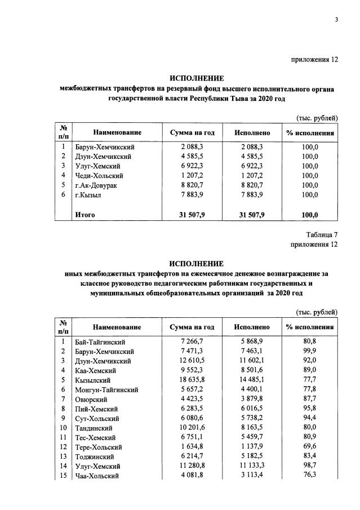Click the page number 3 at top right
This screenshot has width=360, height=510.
[336, 21]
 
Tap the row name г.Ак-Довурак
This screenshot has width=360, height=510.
[96, 185]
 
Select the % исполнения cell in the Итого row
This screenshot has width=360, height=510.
[309, 214]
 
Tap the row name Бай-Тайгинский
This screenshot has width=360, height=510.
[100, 342]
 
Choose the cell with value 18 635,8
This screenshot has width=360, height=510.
[192, 380]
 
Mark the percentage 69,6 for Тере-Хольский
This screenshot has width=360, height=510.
[309, 447]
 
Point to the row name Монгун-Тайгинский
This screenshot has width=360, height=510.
[106, 390]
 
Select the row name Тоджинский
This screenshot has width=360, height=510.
[95, 456]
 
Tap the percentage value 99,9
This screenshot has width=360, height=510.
[309, 352]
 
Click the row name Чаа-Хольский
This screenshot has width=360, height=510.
[97, 476]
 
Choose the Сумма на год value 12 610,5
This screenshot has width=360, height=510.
[192, 361]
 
